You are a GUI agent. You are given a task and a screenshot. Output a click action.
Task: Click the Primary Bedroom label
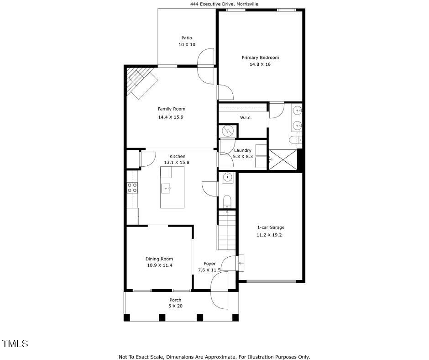coord(260,58)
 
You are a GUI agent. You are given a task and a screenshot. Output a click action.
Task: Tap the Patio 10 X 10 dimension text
coord(187,45)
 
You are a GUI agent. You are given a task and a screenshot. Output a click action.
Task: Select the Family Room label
coord(171,109)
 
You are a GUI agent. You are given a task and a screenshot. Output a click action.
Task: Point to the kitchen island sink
coord(167,188)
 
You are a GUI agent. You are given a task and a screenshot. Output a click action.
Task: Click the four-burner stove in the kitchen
coord(132,187)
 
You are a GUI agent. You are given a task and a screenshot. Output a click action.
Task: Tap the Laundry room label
coord(242,150)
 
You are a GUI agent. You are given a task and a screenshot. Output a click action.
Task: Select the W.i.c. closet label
coord(246,118)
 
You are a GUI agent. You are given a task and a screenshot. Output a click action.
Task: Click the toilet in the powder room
coord(227,201)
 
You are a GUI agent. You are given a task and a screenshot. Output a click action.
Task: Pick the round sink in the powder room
coord(228,178)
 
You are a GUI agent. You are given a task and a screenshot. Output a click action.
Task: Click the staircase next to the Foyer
coord(227,230)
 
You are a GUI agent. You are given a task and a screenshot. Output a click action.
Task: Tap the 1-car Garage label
coord(271,227)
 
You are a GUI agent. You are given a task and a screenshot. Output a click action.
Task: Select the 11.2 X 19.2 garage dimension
coord(271,235)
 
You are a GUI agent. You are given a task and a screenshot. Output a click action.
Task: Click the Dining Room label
coord(159,259)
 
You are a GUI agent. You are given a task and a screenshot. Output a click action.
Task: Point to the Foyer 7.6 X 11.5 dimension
coord(209,270)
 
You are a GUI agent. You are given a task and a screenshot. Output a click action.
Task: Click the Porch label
coord(175,300)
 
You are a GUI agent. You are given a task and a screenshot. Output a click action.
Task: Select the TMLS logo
coord(16,344)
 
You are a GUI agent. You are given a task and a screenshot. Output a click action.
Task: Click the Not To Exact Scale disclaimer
coord(214,357)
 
